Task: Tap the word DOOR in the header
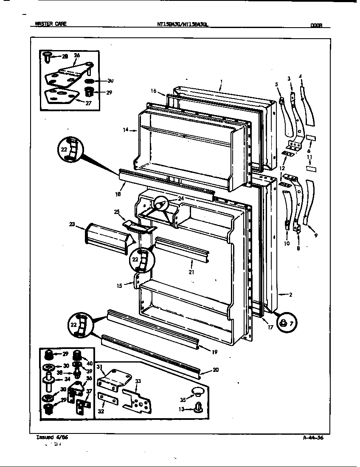pos(316,25)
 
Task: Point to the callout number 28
pos(65,56)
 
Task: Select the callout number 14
pos(126,130)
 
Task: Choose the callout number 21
pos(191,272)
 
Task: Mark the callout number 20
pos(216,370)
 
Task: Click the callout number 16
pos(154,91)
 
